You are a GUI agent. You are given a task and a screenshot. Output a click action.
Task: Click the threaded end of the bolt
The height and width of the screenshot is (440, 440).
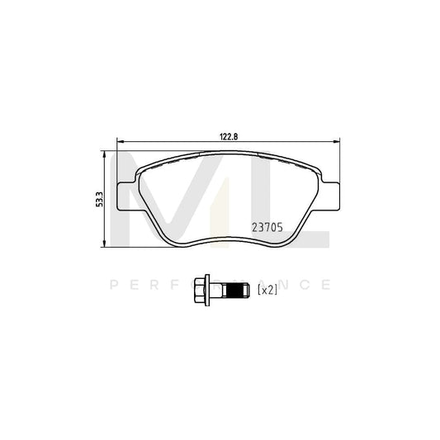coord(236,289)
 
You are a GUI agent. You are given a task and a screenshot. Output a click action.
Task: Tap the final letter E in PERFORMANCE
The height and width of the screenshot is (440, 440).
coord(328,286)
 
